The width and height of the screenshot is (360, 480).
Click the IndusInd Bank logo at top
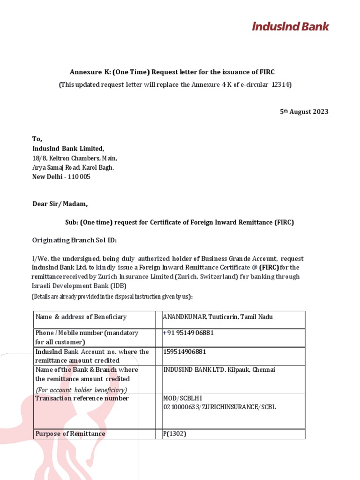pos(290,26)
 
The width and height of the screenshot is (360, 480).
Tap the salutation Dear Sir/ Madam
pos(60,204)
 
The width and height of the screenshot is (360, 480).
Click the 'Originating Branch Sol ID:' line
pos(74,240)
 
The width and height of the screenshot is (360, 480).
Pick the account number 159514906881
pos(184,352)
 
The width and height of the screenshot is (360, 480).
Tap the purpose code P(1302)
pos(174,434)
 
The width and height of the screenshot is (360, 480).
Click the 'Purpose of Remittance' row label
pos(70,434)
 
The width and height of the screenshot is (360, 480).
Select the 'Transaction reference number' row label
pos(82,398)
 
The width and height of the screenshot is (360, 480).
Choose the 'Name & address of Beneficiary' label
pos(81,317)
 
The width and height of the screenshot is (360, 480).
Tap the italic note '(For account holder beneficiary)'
pos(81,390)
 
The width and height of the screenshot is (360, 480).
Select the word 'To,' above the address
pos(37,139)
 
